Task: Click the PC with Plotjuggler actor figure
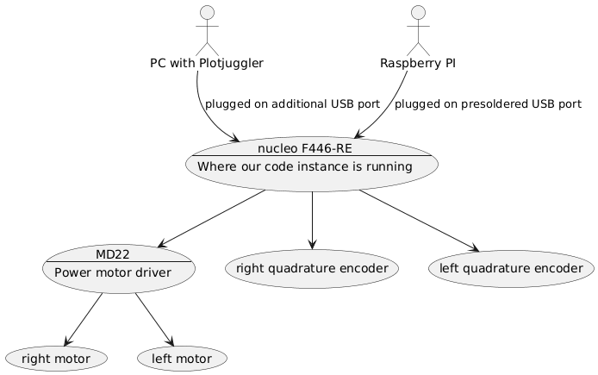pyautogui.click(x=207, y=30)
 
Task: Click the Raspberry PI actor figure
pyautogui.click(x=418, y=30)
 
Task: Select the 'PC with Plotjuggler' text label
pyautogui.click(x=207, y=63)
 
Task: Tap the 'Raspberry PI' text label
pyautogui.click(x=418, y=63)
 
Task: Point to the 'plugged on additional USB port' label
pyautogui.click(x=293, y=103)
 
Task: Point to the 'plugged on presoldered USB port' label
pyautogui.click(x=488, y=103)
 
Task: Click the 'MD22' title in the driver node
pyautogui.click(x=113, y=253)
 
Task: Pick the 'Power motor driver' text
pyautogui.click(x=112, y=272)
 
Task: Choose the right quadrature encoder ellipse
pyautogui.click(x=311, y=268)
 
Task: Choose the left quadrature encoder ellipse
pyautogui.click(x=511, y=268)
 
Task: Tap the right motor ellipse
pyautogui.click(x=59, y=357)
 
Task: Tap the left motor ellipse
pyautogui.click(x=183, y=357)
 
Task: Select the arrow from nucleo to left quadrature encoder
pyautogui.click(x=417, y=220)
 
